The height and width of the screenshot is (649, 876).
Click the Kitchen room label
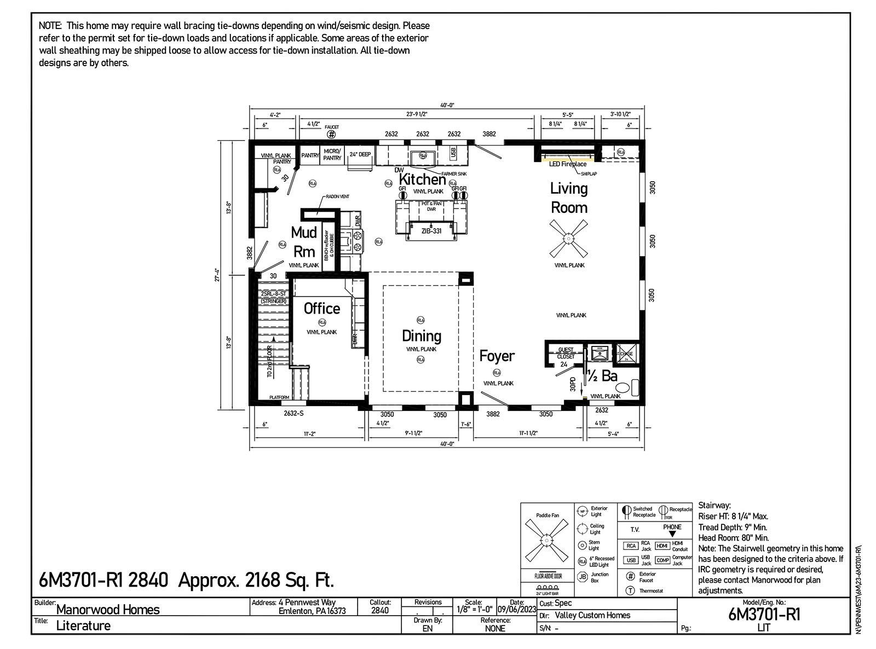(x=422, y=179)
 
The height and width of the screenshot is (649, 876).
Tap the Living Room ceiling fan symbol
(x=569, y=239)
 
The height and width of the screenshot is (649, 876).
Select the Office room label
(x=322, y=309)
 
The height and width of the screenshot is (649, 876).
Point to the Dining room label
(x=421, y=335)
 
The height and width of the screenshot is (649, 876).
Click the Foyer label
(x=497, y=356)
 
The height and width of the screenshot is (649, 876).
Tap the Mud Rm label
(x=304, y=242)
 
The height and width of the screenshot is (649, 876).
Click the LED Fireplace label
(x=567, y=164)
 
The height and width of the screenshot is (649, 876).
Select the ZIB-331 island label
(x=431, y=231)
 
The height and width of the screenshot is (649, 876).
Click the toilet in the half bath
(x=635, y=387)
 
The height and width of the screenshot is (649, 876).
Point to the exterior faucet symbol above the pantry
(x=331, y=134)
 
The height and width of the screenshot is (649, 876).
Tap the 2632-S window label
(x=293, y=414)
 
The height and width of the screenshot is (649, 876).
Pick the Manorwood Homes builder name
(x=108, y=610)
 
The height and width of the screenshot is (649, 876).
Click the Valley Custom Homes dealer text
(x=592, y=615)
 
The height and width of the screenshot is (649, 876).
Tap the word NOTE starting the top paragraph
(x=49, y=26)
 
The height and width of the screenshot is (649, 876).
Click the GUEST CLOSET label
(x=566, y=353)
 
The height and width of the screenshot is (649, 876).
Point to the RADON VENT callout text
(x=337, y=196)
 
